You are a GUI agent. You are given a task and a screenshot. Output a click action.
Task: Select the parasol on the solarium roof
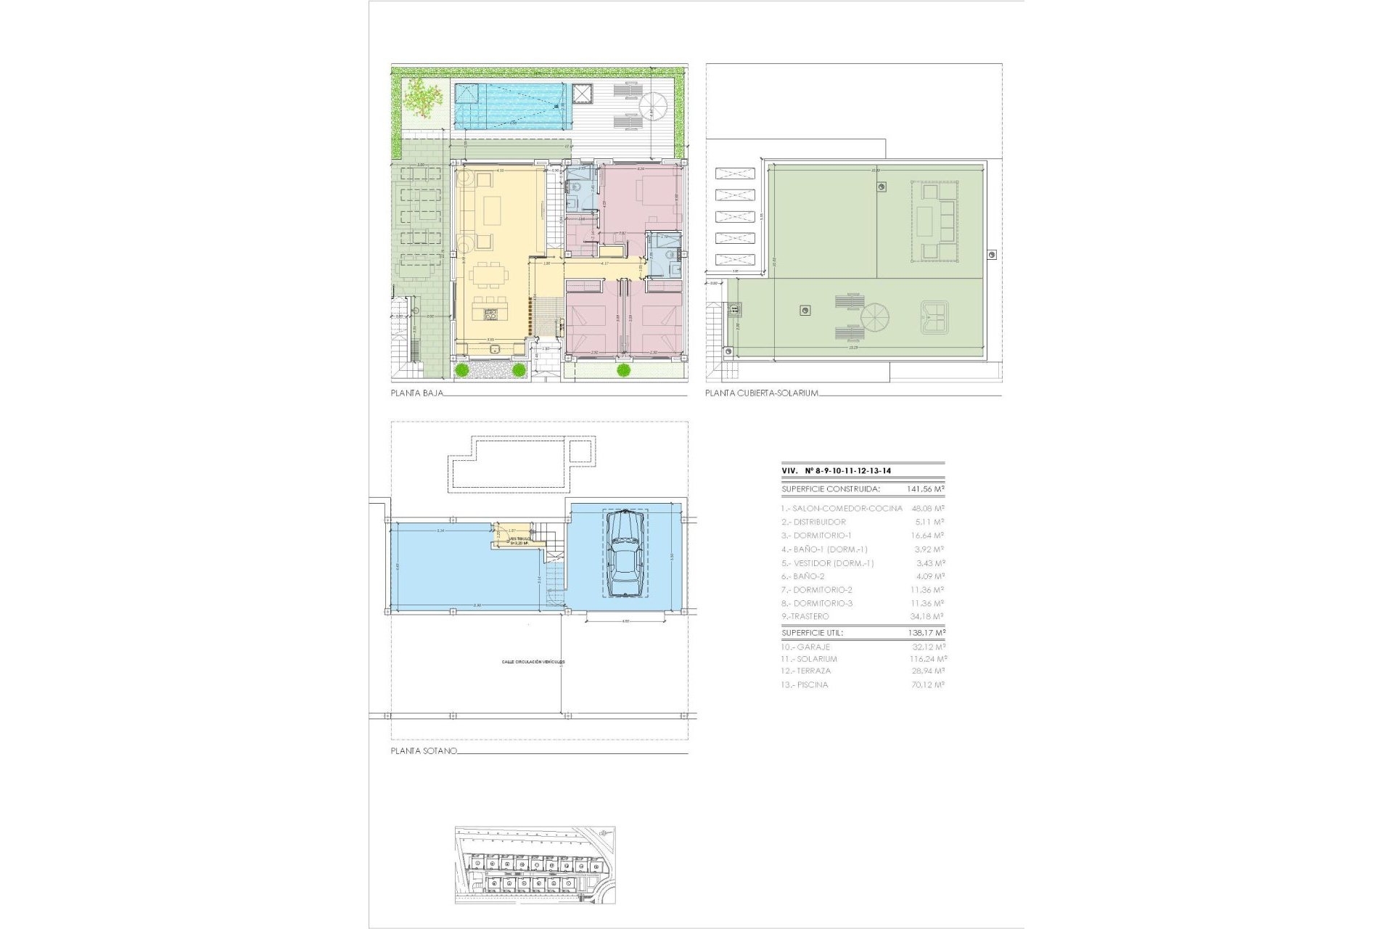[x=874, y=318]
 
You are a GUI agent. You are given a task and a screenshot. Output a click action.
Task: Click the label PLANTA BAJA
[x=416, y=393]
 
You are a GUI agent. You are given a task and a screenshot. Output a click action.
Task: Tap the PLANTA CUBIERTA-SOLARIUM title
[x=762, y=393]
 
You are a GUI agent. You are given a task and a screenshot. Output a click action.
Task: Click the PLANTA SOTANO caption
[x=424, y=751]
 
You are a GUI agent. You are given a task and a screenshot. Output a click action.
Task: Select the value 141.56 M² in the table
[x=925, y=489]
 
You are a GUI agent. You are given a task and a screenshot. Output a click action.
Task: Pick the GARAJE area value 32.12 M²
[x=928, y=647]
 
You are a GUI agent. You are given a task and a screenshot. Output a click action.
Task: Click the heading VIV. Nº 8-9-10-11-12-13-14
[x=837, y=471]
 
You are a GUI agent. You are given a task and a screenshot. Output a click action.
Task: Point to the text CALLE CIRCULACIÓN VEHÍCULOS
[x=533, y=662]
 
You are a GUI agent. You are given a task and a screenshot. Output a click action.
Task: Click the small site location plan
[x=535, y=865]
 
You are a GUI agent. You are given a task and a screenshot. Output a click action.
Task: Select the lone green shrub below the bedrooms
[x=623, y=371]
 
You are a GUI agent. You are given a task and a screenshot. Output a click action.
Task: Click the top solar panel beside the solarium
[x=735, y=173]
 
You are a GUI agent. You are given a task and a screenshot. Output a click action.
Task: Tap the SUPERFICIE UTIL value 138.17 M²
[x=925, y=633]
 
